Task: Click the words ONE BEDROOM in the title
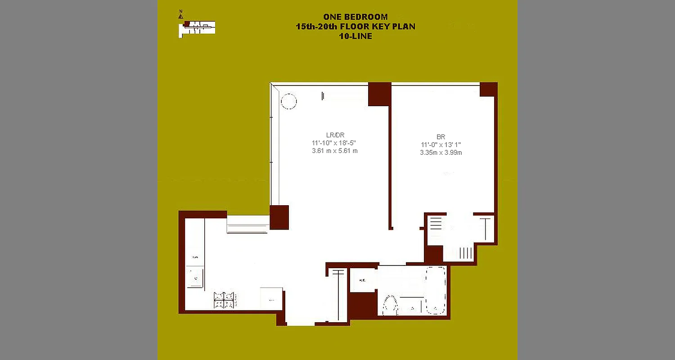click(355, 17)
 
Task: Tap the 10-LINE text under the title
click(355, 36)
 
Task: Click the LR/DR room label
click(335, 135)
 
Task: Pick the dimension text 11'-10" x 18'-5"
click(335, 143)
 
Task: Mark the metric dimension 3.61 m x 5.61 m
click(335, 151)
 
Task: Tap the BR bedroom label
click(441, 136)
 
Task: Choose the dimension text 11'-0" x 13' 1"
click(441, 144)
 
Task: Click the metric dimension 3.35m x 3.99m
click(441, 153)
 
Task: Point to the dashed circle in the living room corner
click(288, 101)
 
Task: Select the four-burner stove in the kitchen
click(225, 300)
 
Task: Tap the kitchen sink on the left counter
click(195, 278)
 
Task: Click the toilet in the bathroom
click(390, 305)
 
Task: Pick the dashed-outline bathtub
click(436, 290)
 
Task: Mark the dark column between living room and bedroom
click(379, 94)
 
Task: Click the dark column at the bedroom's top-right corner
click(488, 89)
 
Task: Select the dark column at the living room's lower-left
click(279, 217)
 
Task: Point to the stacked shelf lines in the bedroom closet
click(435, 223)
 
